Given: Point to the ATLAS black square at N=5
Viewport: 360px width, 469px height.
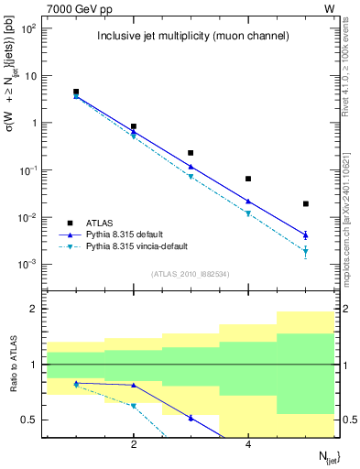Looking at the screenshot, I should coord(306,203).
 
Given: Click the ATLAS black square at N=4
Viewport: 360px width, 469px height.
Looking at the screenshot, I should coord(248,179).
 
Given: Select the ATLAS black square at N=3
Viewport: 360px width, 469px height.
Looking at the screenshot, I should coord(191,153).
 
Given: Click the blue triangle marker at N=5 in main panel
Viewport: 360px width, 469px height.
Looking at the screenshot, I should coord(306,234).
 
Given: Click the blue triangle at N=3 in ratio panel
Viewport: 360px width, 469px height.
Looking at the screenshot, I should coord(191,418).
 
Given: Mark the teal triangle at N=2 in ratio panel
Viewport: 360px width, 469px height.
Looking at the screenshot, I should coord(134,405).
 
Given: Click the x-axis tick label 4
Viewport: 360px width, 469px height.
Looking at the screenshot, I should coord(248,445).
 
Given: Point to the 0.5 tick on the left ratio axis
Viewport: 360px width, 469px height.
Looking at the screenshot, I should coord(29,420).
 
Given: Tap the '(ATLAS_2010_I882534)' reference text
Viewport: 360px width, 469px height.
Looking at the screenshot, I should coord(191,273).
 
